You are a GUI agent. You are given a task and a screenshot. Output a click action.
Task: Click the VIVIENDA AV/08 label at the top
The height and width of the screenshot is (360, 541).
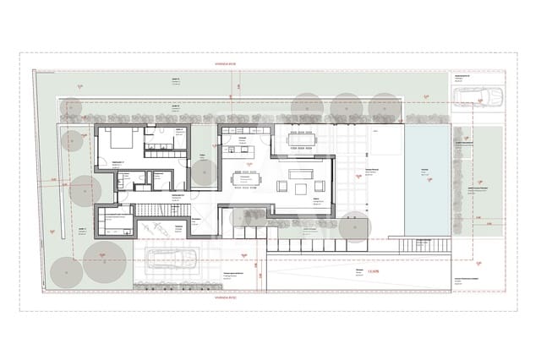coord(229,64)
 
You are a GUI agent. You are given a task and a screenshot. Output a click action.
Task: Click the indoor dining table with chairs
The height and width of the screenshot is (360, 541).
coord(248,178)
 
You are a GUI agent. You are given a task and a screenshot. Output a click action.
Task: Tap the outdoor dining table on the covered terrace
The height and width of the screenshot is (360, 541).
coord(302,139)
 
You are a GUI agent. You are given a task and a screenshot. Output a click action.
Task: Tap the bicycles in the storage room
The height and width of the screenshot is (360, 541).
coord(153,226)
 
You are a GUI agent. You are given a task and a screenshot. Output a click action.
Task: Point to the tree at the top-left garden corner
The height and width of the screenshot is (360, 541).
coord(73,108)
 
